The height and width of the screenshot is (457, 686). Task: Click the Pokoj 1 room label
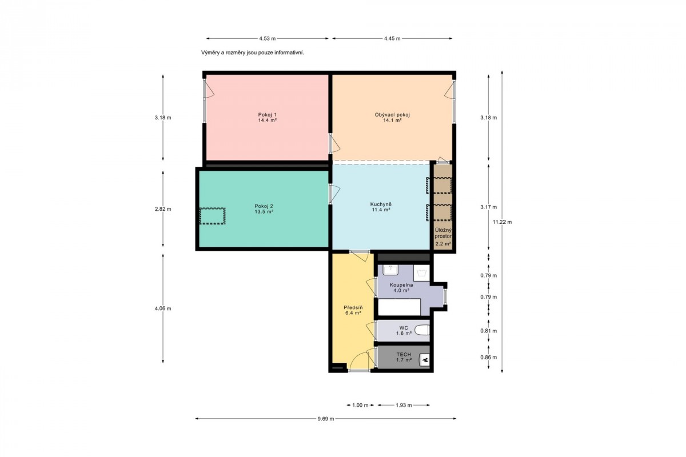click(267, 115)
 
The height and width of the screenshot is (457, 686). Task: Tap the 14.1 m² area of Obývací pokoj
click(392, 121)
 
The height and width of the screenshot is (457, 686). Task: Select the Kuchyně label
click(381, 204)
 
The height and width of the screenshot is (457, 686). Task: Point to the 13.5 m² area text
click(264, 211)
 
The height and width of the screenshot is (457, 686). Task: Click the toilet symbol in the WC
click(422, 330)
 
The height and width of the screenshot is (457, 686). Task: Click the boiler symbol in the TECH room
click(424, 360)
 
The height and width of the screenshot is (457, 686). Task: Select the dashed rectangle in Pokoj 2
click(213, 216)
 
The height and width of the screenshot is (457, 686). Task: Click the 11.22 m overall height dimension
click(502, 222)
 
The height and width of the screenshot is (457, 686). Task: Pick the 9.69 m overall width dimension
click(325, 419)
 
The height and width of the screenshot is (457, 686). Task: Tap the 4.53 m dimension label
click(268, 39)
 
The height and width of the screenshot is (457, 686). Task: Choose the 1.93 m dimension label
click(404, 405)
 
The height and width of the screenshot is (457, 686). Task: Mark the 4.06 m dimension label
click(163, 308)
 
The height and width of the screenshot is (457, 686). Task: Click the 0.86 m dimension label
click(488, 357)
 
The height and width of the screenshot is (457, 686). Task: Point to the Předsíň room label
click(353, 308)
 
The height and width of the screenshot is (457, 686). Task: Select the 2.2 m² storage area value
click(443, 244)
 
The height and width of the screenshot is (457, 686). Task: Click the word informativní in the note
click(289, 53)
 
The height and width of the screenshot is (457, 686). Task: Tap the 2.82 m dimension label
click(163, 209)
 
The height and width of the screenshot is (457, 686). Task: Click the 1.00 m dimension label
click(360, 405)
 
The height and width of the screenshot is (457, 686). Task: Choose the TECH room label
click(404, 354)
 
